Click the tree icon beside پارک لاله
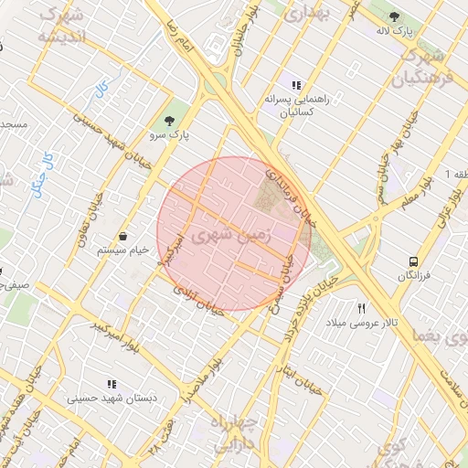(394, 16)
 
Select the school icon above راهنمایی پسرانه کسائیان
(295, 84)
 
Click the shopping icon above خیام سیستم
(122, 235)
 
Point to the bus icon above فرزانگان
(415, 259)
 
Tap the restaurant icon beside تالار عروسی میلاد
(362, 309)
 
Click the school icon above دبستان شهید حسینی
(112, 385)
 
